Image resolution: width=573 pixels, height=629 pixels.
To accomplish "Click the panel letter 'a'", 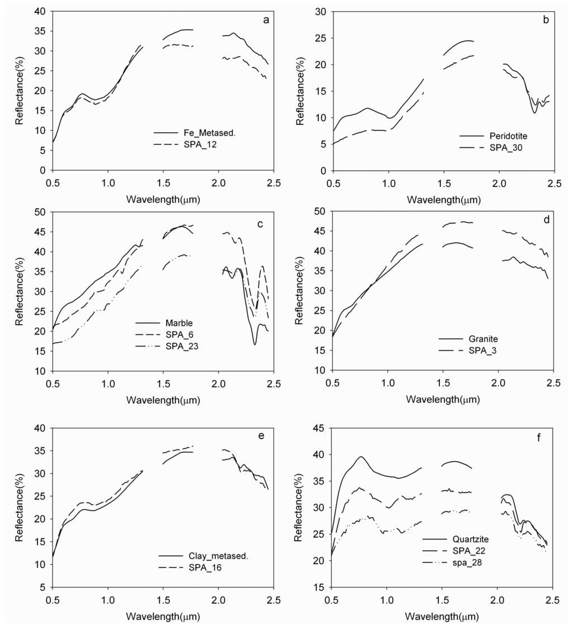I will (266, 20).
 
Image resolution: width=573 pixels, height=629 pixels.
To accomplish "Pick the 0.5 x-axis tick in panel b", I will (332, 183).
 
